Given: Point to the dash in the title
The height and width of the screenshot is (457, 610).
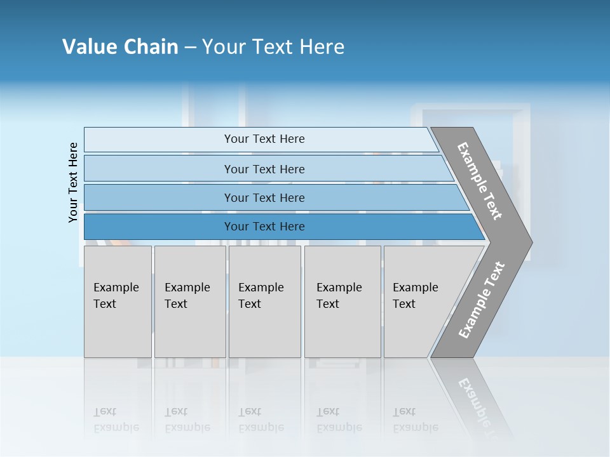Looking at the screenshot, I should click(190, 48).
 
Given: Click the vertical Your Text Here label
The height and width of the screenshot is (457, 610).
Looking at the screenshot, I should click(73, 182).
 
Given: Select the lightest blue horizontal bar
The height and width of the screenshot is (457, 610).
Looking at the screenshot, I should click(261, 139).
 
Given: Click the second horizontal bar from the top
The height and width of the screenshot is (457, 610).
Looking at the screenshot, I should click(267, 169).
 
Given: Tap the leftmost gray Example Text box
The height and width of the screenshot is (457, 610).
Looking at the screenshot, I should click(118, 301).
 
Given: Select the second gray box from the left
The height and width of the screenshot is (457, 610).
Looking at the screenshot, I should click(189, 301).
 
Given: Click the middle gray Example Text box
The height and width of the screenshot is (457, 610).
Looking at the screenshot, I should click(264, 301).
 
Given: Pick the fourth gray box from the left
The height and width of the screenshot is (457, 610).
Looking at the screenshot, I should click(342, 301).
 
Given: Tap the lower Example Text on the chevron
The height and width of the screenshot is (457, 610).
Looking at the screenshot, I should click(482, 300).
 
